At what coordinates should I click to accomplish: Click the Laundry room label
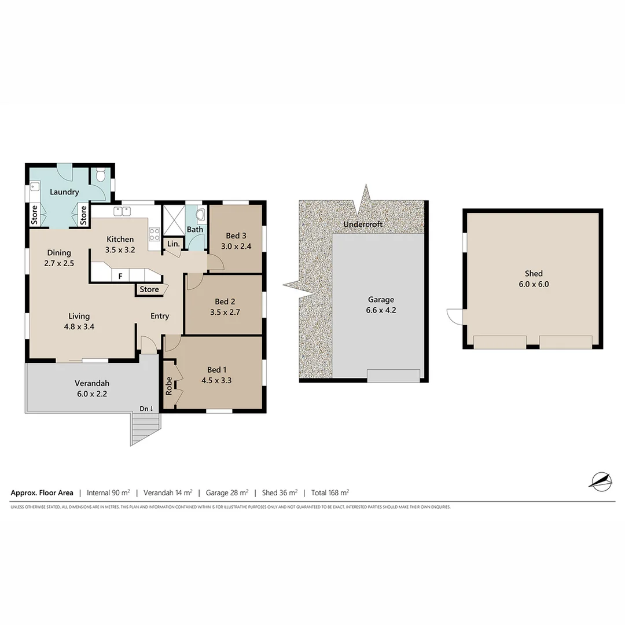[64, 192]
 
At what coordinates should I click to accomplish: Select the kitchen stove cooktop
[155, 234]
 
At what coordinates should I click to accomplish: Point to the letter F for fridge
[120, 277]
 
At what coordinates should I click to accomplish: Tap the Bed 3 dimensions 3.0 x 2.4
[236, 246]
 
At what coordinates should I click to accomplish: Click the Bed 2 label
[225, 302]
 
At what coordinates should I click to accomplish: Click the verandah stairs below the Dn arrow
[145, 429]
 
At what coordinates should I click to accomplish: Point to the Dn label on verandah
[146, 409]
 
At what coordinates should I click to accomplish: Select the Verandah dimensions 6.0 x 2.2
[91, 394]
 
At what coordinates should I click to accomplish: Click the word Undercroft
[363, 224]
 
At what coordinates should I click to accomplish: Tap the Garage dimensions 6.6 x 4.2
[381, 310]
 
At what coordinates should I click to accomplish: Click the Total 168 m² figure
[329, 493]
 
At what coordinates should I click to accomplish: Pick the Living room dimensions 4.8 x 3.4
[79, 326]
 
